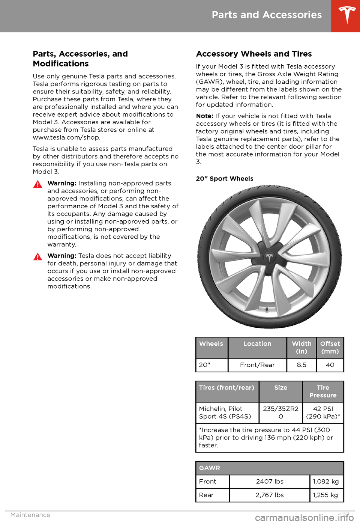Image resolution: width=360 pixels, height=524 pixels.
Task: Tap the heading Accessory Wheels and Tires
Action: [x=254, y=54]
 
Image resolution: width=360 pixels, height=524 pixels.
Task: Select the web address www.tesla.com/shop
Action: [x=66, y=137]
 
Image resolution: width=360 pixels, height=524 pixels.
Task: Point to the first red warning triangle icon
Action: [x=37, y=184]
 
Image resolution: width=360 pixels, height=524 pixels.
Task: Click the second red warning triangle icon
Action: [x=37, y=257]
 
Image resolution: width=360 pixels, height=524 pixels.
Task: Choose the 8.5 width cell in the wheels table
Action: [x=301, y=365]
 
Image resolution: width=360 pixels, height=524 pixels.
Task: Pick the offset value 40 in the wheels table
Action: [x=330, y=365]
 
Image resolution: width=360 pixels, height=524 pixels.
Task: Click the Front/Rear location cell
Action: [x=257, y=365]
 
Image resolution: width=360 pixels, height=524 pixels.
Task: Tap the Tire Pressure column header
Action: [x=323, y=391]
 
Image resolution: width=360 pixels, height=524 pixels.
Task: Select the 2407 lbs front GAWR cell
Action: [x=270, y=482]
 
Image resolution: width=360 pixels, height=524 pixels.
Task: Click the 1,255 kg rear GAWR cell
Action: [x=325, y=495]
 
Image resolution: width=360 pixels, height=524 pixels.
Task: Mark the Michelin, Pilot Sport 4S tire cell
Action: [x=225, y=413]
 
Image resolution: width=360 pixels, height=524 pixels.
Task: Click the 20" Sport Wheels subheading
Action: [x=225, y=179]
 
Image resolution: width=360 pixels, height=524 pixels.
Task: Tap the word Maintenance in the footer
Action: [x=30, y=515]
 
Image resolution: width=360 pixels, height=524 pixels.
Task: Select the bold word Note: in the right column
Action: [x=204, y=116]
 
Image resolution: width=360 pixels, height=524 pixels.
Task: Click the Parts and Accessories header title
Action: [x=267, y=15]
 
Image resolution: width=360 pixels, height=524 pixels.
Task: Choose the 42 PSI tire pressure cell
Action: [x=323, y=413]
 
